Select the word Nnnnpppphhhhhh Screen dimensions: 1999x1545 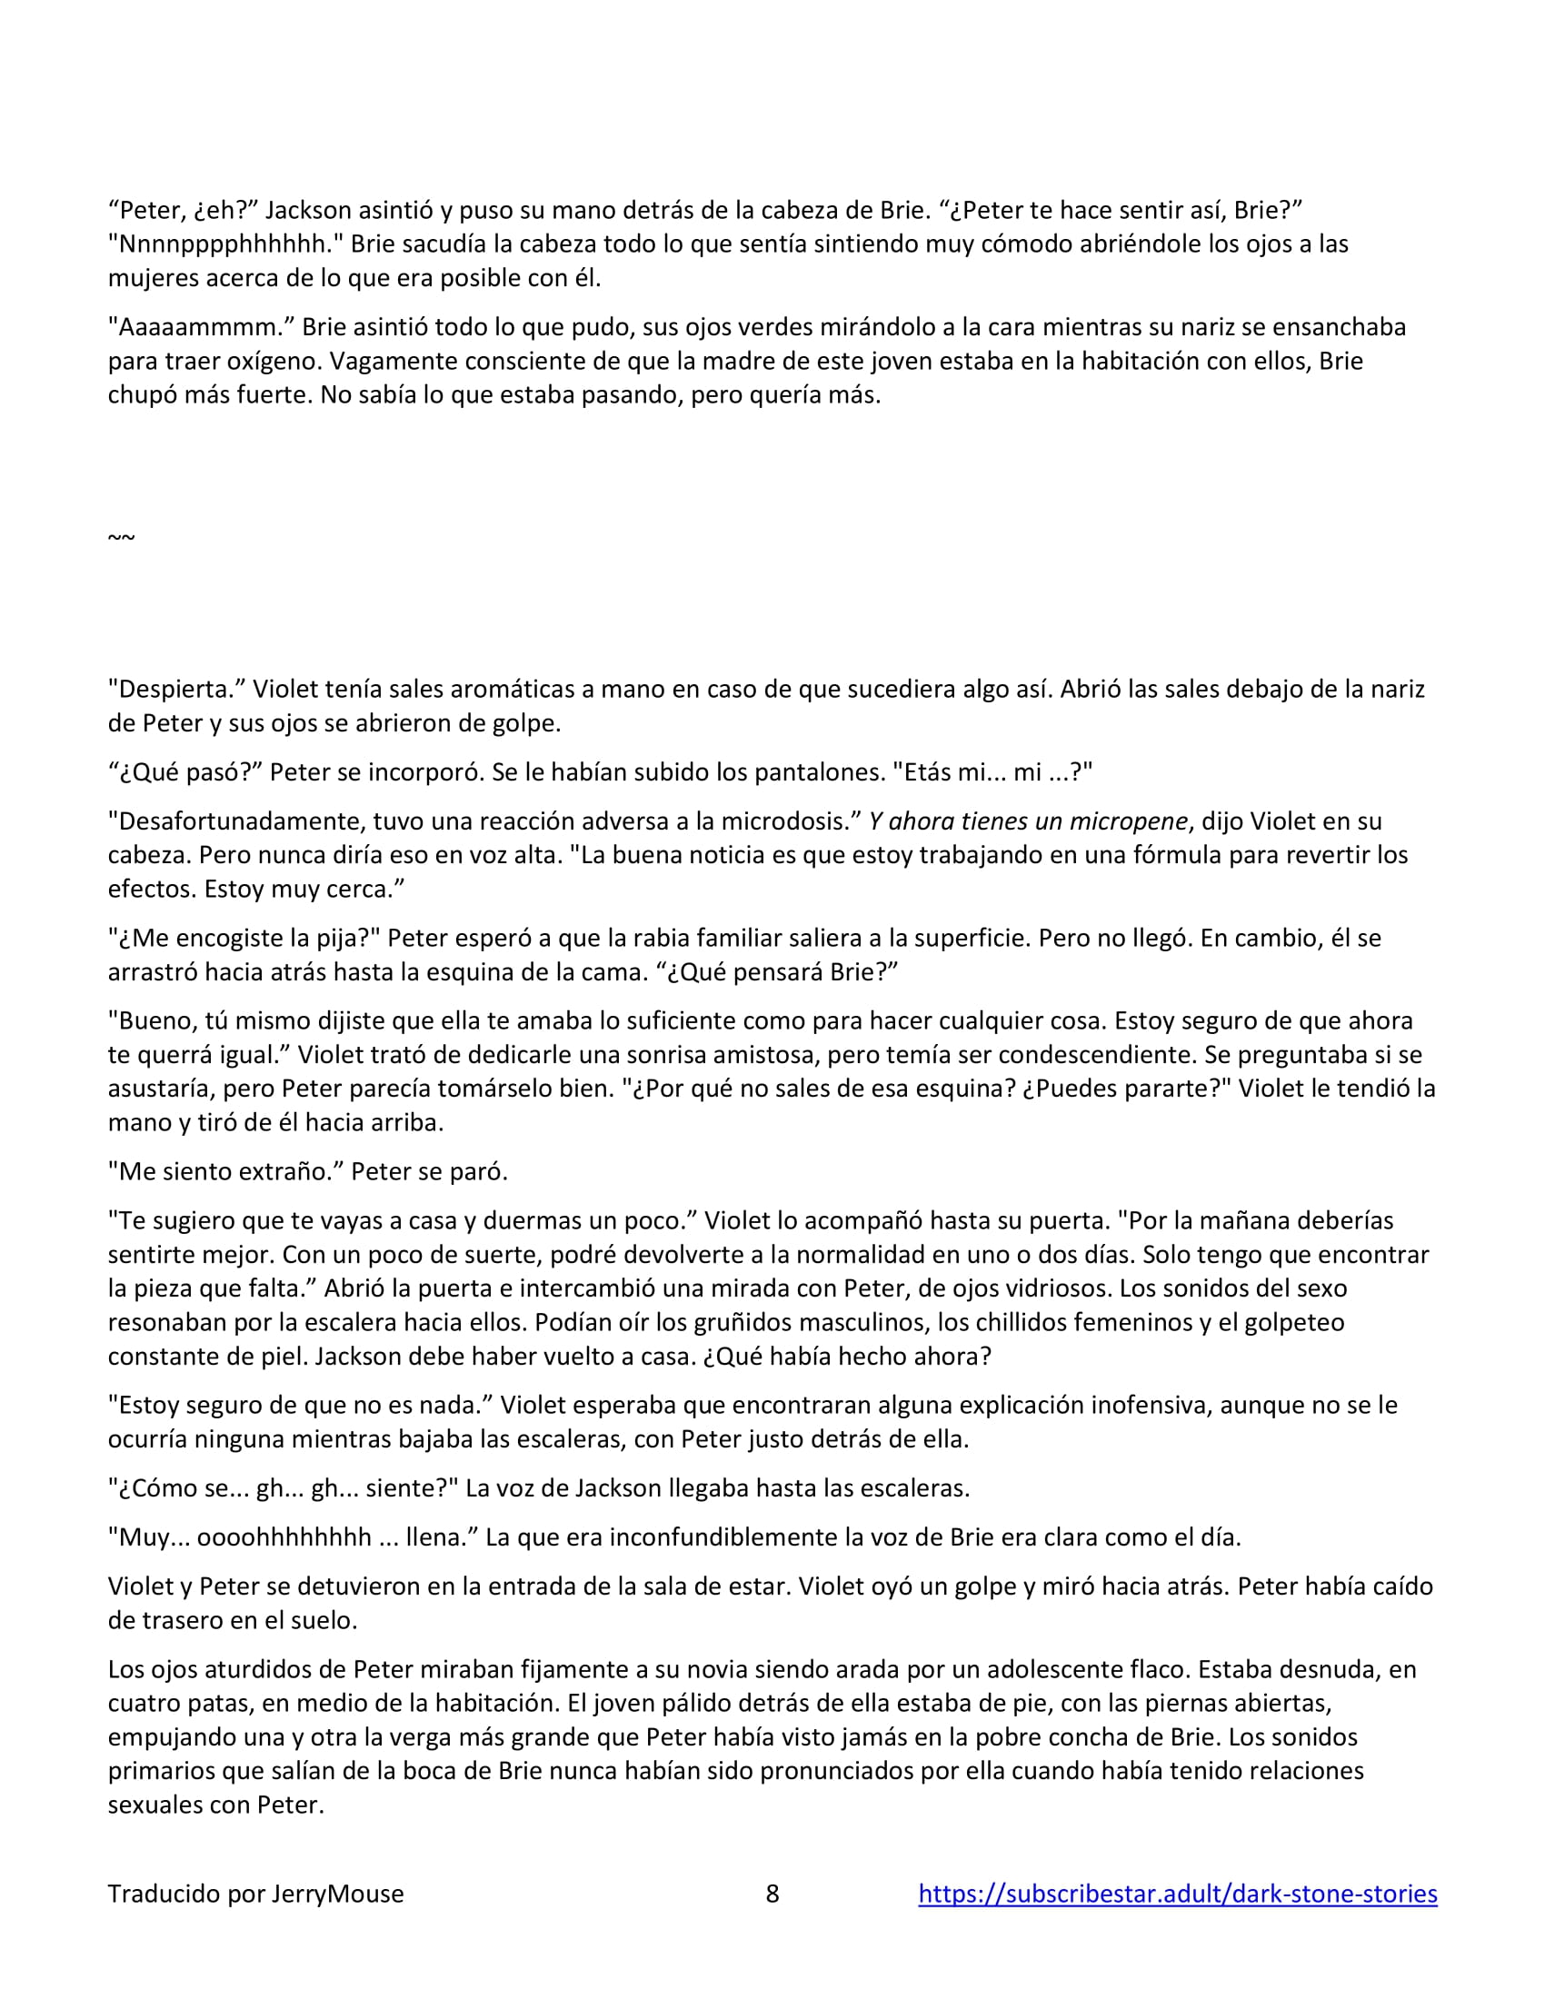[x=224, y=244]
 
